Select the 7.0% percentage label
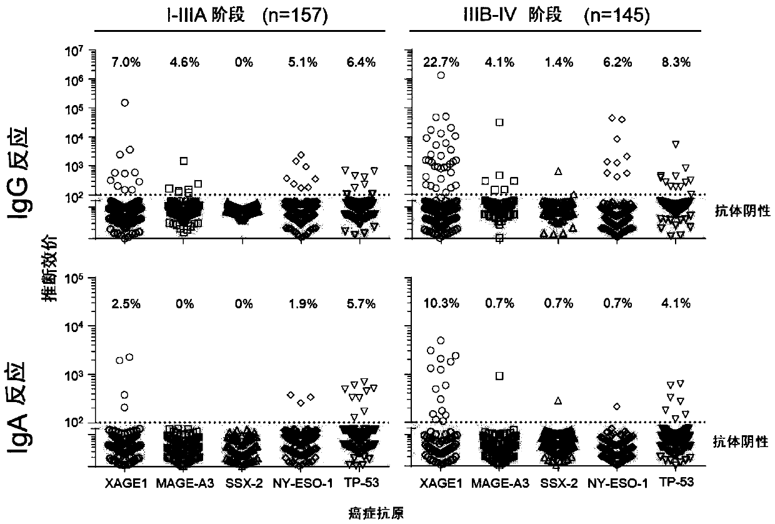click(x=124, y=62)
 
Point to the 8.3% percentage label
click(x=677, y=62)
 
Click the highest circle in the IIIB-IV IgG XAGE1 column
click(x=441, y=75)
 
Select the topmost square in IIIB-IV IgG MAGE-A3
click(x=499, y=122)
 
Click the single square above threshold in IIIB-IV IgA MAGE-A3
click(x=499, y=376)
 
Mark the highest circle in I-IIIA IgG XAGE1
click(x=125, y=102)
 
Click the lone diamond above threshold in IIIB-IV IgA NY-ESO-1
click(x=617, y=406)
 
